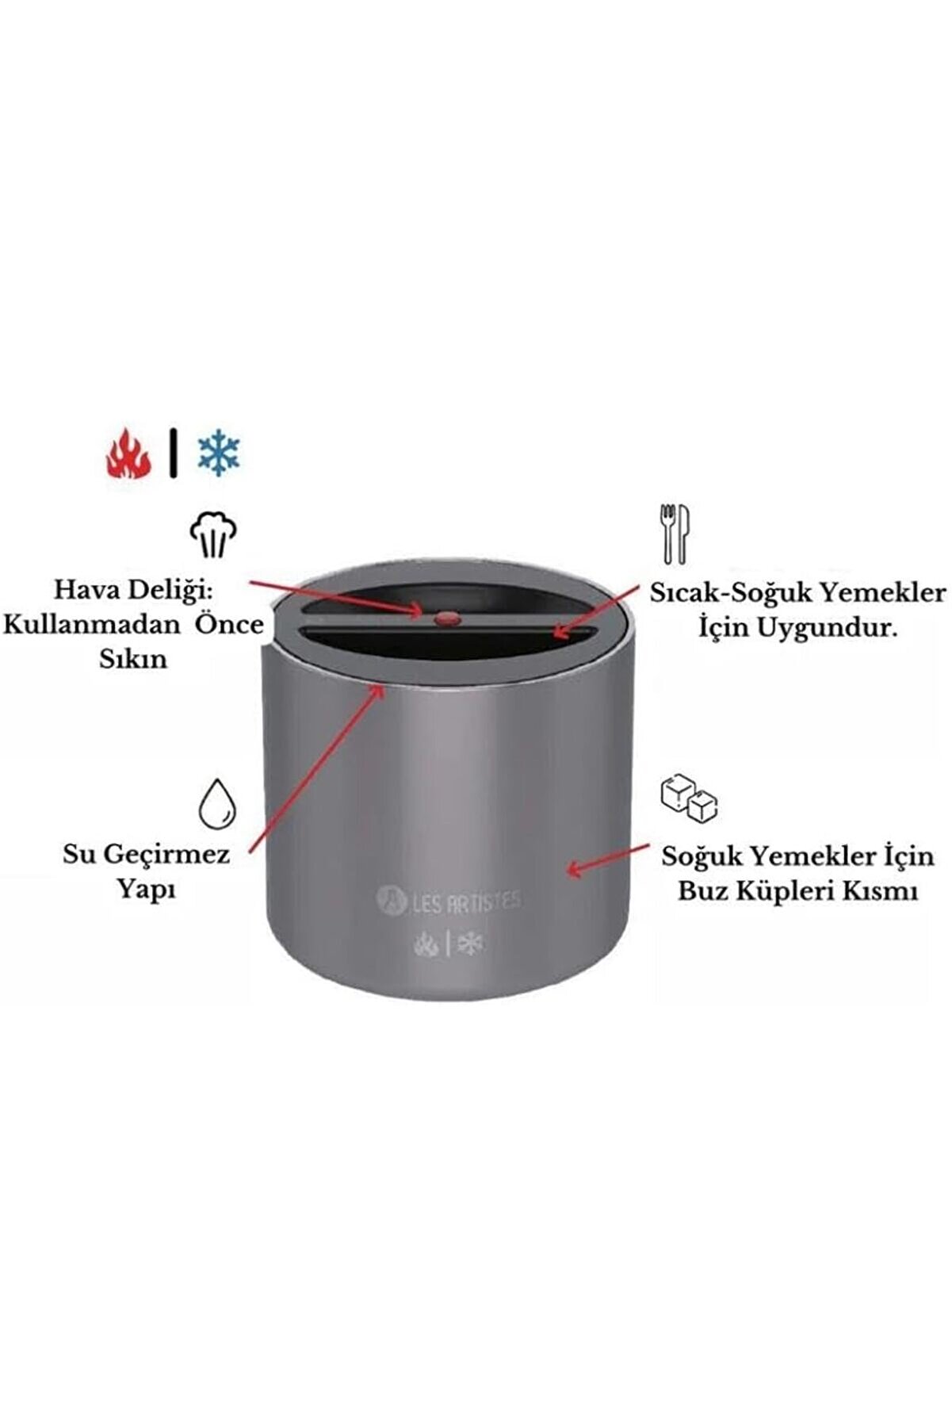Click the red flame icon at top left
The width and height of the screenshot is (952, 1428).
(x=128, y=454)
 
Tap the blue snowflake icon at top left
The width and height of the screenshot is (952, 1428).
(x=218, y=454)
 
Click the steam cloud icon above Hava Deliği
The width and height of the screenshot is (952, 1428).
(x=213, y=534)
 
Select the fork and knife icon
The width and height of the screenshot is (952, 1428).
(x=675, y=534)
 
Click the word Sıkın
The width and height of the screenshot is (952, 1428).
(x=133, y=659)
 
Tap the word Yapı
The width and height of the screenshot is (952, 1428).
(x=147, y=890)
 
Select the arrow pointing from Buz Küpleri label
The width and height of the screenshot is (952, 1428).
(x=606, y=860)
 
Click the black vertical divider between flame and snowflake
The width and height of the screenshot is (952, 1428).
(x=174, y=454)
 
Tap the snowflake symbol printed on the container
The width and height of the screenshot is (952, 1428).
(x=471, y=944)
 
